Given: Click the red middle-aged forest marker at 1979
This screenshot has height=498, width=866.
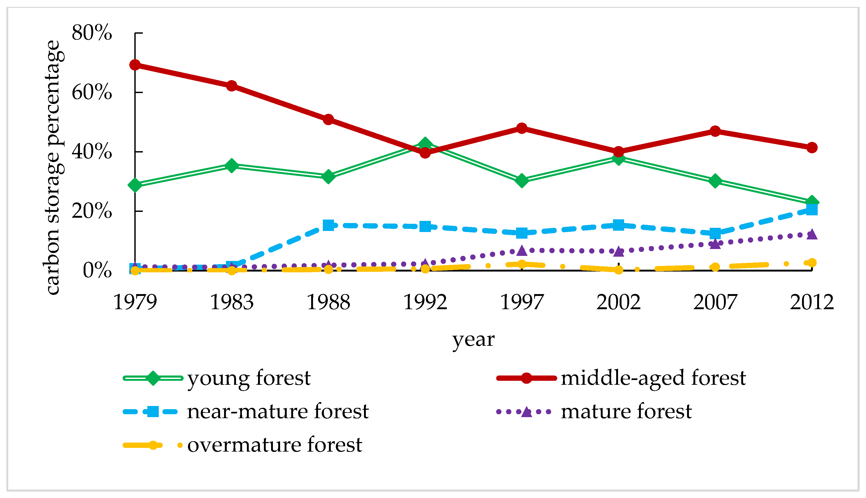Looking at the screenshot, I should point(135,65).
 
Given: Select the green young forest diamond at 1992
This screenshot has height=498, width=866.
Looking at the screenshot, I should point(425,144).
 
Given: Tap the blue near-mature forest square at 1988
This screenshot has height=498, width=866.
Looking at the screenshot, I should point(328,225).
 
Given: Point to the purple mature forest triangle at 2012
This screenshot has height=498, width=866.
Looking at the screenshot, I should point(812,235).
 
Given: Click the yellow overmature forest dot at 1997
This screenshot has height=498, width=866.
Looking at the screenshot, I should point(521,264).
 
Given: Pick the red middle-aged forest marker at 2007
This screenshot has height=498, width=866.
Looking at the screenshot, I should point(715,131).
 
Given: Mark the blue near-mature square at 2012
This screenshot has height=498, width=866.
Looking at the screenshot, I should point(812,209).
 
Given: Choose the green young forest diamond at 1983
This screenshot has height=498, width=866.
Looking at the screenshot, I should point(231,165).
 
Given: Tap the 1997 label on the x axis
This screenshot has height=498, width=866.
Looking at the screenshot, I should point(521,302).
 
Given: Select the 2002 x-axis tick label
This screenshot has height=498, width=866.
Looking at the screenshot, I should point(618,302).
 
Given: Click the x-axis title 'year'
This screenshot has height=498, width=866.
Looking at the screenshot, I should point(473,340).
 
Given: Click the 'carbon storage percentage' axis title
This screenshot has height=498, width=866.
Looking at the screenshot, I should point(53,168).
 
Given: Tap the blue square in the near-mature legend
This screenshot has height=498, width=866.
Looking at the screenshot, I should point(153,412).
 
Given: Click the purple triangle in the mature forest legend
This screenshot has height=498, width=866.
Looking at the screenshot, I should point(526,412).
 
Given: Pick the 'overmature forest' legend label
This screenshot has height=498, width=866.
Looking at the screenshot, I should point(274,445).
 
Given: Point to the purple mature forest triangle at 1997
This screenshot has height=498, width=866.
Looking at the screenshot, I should point(521,251).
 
